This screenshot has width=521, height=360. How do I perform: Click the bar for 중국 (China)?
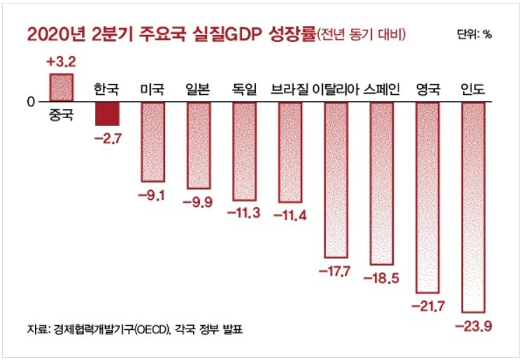click(x=61, y=88)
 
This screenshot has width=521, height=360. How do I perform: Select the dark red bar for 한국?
click(x=107, y=114)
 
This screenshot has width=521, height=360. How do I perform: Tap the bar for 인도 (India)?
click(x=473, y=207)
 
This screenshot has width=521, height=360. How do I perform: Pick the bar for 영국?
click(x=427, y=197)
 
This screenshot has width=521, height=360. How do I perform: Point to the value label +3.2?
click(x=61, y=62)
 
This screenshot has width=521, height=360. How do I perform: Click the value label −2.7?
click(x=107, y=138)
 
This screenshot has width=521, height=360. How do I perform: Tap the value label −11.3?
click(x=243, y=212)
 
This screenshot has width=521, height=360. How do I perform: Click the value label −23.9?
click(x=473, y=326)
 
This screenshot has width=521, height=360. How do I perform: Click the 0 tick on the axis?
click(x=30, y=102)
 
